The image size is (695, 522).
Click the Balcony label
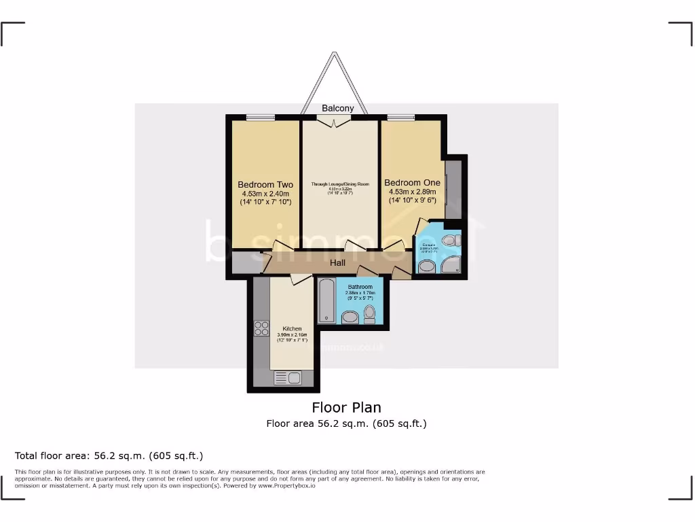click(x=337, y=108)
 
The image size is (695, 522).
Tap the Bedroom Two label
click(x=265, y=184)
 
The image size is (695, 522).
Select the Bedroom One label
click(x=412, y=182)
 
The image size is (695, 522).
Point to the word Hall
click(x=337, y=263)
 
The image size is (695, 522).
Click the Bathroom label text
click(x=360, y=287)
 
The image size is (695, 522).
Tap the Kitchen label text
click(x=293, y=328)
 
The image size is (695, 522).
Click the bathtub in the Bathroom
click(x=325, y=300)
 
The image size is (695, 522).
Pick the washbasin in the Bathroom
click(x=350, y=317)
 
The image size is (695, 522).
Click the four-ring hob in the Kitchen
click(x=261, y=328)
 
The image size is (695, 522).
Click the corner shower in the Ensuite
click(x=451, y=265)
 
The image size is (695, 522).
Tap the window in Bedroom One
click(x=400, y=118)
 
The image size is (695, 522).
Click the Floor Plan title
click(x=346, y=407)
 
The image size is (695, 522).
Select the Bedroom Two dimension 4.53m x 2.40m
click(x=265, y=194)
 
